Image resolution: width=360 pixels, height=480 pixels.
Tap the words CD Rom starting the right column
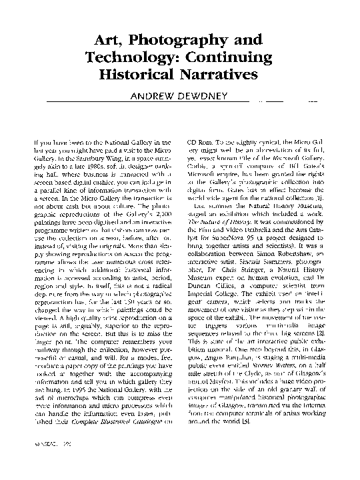point(199,143)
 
